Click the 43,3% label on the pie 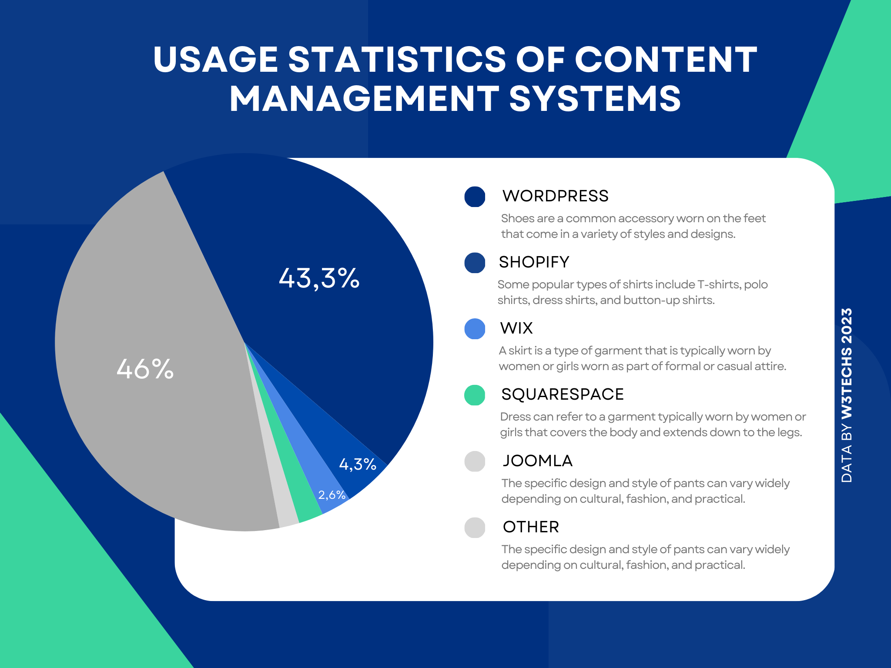(x=319, y=278)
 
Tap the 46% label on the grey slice (x=145, y=369)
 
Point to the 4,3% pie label (x=358, y=464)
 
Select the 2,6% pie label (x=332, y=495)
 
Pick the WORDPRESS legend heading (x=555, y=196)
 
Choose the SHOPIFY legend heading (x=534, y=262)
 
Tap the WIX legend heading (x=516, y=328)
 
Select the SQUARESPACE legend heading (x=562, y=394)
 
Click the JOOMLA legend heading (x=537, y=461)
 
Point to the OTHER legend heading (x=531, y=527)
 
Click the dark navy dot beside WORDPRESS (x=475, y=197)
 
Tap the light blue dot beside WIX (x=475, y=329)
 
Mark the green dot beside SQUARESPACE (x=475, y=395)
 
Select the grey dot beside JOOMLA (x=475, y=461)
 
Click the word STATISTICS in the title (x=397, y=60)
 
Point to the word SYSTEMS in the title (x=595, y=99)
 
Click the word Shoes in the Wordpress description (x=515, y=218)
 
